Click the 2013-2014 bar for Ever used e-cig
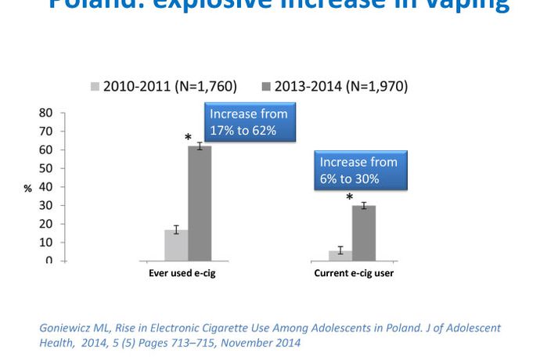pos(200,203)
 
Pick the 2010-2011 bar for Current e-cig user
pos(340,255)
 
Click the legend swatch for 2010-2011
pos(96,86)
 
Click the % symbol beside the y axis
pos(27,189)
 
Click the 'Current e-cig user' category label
pos(354,273)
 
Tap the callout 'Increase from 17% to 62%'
pos(249,122)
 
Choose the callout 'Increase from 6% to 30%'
pos(358,171)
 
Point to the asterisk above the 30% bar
pos(350,198)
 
